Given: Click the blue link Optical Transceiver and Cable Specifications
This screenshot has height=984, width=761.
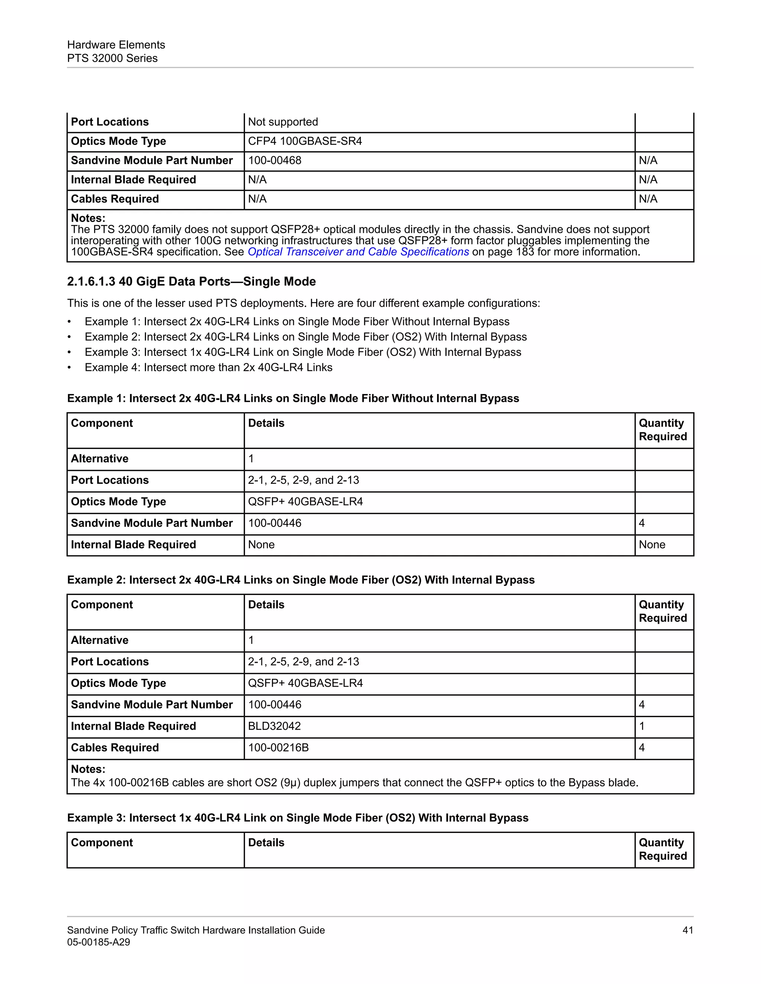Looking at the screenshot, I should pyautogui.click(x=359, y=252).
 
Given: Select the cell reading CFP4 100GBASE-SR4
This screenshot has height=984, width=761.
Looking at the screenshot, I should pyautogui.click(x=305, y=141).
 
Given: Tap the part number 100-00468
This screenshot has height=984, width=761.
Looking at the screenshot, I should pyautogui.click(x=275, y=161).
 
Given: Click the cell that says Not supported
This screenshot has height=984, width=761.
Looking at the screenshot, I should pyautogui.click(x=283, y=122).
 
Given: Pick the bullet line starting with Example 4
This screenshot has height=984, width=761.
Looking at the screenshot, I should pyautogui.click(x=208, y=368).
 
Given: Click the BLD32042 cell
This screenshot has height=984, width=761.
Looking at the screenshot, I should pyautogui.click(x=274, y=726).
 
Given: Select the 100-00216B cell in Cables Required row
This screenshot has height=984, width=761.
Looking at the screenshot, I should pyautogui.click(x=278, y=748).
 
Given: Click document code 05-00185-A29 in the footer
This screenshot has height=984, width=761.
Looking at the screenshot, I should pyautogui.click(x=98, y=942).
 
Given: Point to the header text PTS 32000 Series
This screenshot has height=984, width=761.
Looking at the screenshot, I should pyautogui.click(x=112, y=59).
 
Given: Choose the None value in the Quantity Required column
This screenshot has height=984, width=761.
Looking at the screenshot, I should pyautogui.click(x=651, y=545).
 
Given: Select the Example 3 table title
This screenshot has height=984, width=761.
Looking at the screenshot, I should pyautogui.click(x=298, y=818).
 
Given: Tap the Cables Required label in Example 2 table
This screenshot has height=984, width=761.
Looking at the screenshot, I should pyautogui.click(x=115, y=748).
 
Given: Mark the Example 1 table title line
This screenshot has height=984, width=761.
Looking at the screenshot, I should pyautogui.click(x=293, y=399).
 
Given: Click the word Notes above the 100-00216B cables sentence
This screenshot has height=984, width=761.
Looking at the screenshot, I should pyautogui.click(x=88, y=769).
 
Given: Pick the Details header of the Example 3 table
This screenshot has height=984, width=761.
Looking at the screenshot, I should pyautogui.click(x=266, y=843).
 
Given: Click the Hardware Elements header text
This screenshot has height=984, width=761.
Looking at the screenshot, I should pyautogui.click(x=116, y=45).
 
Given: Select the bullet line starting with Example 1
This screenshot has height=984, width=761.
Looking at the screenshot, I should pyautogui.click(x=297, y=322).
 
